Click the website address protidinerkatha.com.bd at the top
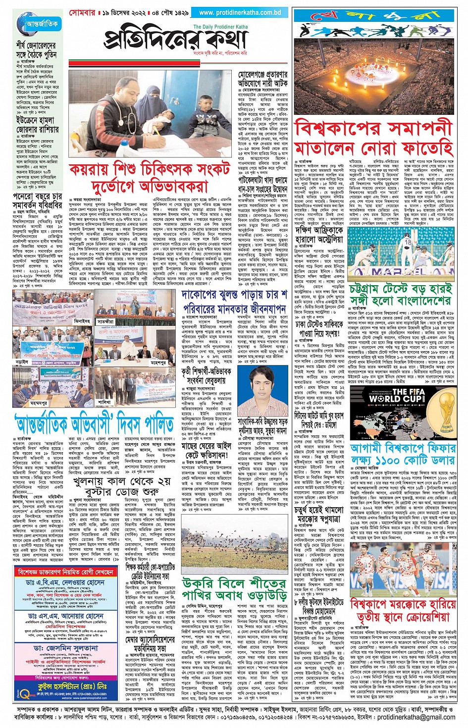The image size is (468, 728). [x=240, y=12]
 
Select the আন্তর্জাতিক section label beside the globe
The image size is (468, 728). [x=42, y=24]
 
